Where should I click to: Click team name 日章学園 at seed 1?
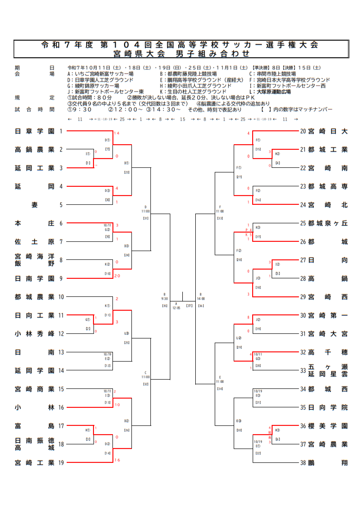(34, 131)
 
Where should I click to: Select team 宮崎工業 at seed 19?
(34, 462)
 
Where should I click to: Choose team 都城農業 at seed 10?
(34, 297)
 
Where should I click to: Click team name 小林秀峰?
(34, 333)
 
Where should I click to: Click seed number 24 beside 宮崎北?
(303, 205)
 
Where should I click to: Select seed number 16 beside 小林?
(61, 407)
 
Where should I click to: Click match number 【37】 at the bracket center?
(189, 306)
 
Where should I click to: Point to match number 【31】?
(145, 218)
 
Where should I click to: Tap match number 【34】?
(219, 388)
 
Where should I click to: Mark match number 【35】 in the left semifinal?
(164, 306)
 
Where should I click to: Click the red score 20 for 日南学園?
(117, 276)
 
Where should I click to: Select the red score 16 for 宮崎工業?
(117, 460)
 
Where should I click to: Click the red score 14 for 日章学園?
(117, 134)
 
